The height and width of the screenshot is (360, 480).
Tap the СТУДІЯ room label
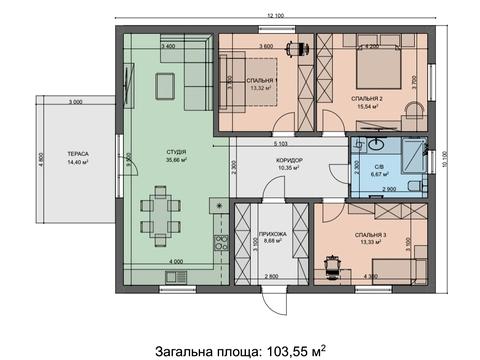[x=177, y=152]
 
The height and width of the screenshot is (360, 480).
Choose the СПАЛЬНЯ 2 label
[x=368, y=99]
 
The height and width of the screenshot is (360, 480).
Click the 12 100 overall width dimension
[x=276, y=15]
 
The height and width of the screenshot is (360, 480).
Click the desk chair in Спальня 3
[x=333, y=267]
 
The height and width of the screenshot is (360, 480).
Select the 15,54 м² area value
[x=368, y=108]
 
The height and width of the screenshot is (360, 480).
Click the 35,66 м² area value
[x=177, y=161]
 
